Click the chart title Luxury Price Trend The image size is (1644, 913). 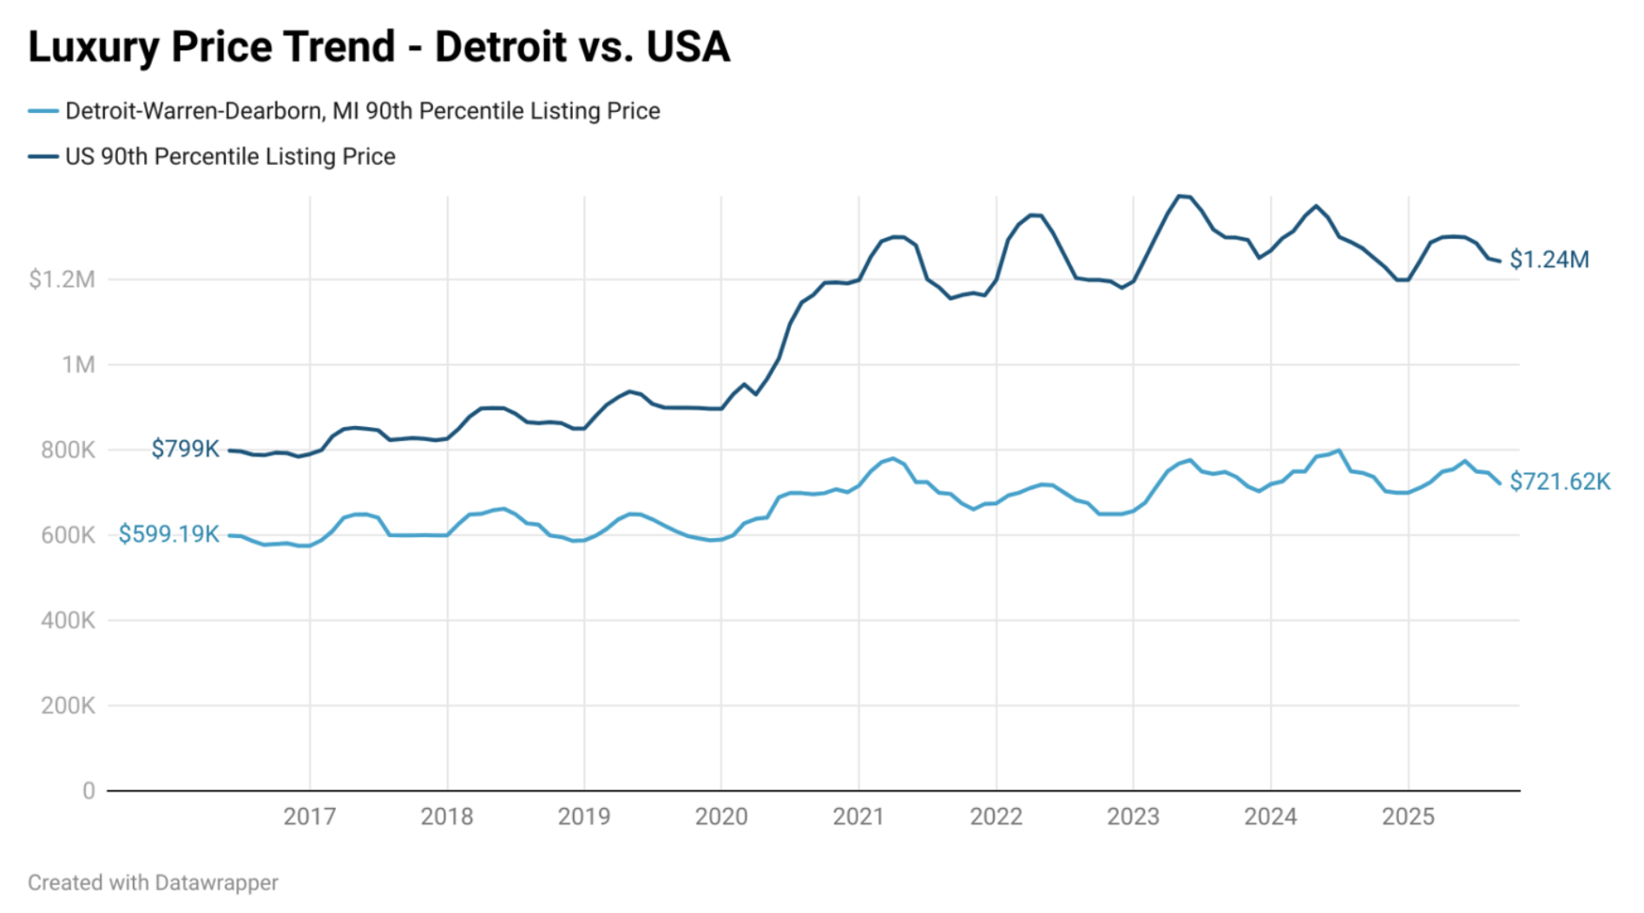pos(378,47)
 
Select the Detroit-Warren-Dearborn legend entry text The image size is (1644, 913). pos(362,111)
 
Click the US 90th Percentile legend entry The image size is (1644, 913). pos(230,156)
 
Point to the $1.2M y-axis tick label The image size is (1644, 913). pos(62,279)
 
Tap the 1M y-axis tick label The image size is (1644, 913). pos(78,365)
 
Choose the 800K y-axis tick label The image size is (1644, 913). pos(68,450)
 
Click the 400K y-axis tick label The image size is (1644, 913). pos(68,621)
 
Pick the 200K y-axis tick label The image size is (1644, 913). pos(68,706)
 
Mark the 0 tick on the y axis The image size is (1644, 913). pos(89,791)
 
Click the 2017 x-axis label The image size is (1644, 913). pos(310,817)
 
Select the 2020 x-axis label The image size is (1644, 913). pos(721,817)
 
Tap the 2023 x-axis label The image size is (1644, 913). pos(1133,817)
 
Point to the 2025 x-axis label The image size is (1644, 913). pos(1408,817)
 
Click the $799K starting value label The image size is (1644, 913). pos(185,449)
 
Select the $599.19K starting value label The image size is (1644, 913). pos(168,534)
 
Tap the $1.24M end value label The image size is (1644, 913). pos(1549,259)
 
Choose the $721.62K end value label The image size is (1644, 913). pos(1560,482)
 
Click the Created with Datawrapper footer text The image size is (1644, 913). pos(153,883)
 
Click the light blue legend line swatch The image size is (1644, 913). pos(43,111)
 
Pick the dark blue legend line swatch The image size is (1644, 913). pos(43,156)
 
